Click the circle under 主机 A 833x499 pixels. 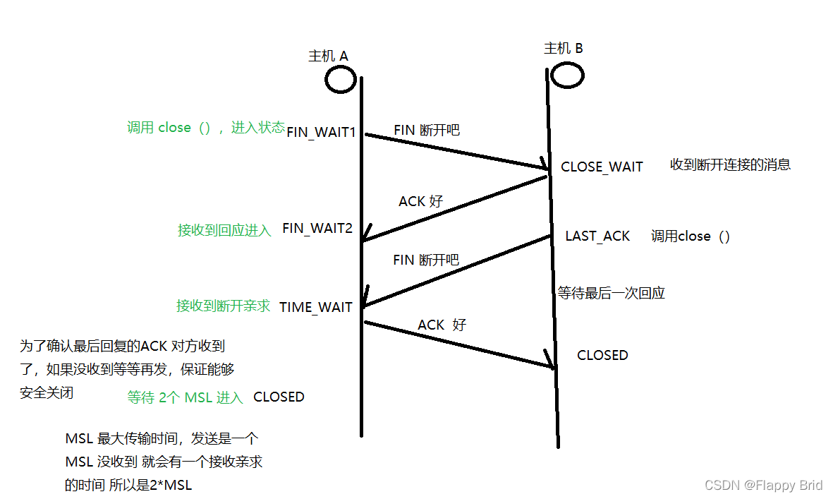pyautogui.click(x=340, y=79)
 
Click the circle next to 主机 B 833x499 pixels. pyautogui.click(x=567, y=74)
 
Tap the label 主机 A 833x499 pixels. pyautogui.click(x=329, y=56)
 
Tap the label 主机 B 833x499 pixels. pyautogui.click(x=564, y=48)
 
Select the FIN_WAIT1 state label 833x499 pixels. pyautogui.click(x=321, y=131)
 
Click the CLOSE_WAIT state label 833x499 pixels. pyautogui.click(x=602, y=167)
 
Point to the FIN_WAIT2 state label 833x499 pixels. pyautogui.click(x=317, y=229)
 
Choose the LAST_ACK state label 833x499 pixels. pyautogui.click(x=597, y=236)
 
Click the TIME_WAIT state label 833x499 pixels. pyautogui.click(x=315, y=307)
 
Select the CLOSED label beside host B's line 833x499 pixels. pyautogui.click(x=602, y=355)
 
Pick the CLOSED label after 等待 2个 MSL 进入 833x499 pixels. pyautogui.click(x=279, y=397)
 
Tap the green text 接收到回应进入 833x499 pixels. pyautogui.click(x=224, y=230)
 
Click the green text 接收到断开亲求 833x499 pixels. pyautogui.click(x=223, y=306)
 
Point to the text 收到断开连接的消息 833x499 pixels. pyautogui.click(x=730, y=164)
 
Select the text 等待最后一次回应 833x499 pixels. pyautogui.click(x=612, y=293)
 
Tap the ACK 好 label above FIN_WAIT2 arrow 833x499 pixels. pyautogui.click(x=420, y=201)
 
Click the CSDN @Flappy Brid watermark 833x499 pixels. pyautogui.click(x=764, y=485)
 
